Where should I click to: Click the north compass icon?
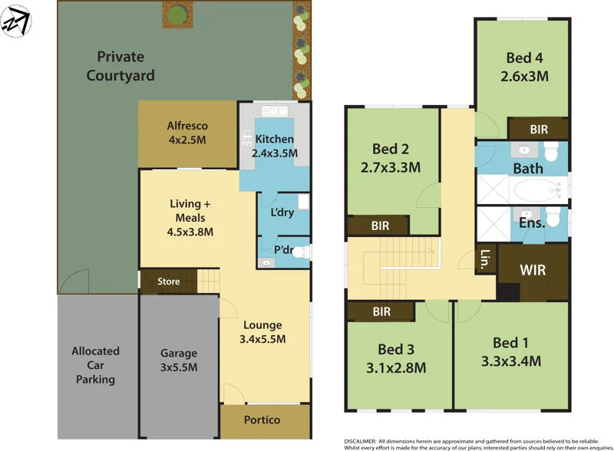[x=17, y=21]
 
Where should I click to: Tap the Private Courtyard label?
[x=120, y=66]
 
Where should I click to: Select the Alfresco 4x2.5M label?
[x=187, y=133]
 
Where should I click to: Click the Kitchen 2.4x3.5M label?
[x=275, y=146]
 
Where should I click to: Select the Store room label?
[x=169, y=281]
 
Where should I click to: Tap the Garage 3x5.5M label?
[x=179, y=360]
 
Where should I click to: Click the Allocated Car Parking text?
[x=96, y=365]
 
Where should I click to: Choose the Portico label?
[x=262, y=420]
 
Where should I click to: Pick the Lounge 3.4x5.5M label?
[x=262, y=331]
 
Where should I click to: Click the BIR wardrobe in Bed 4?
[x=539, y=130]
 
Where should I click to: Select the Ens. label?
[x=532, y=223]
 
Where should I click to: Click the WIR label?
[x=532, y=271]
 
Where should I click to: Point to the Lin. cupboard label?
[x=485, y=259]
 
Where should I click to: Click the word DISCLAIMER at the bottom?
[x=360, y=441]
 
